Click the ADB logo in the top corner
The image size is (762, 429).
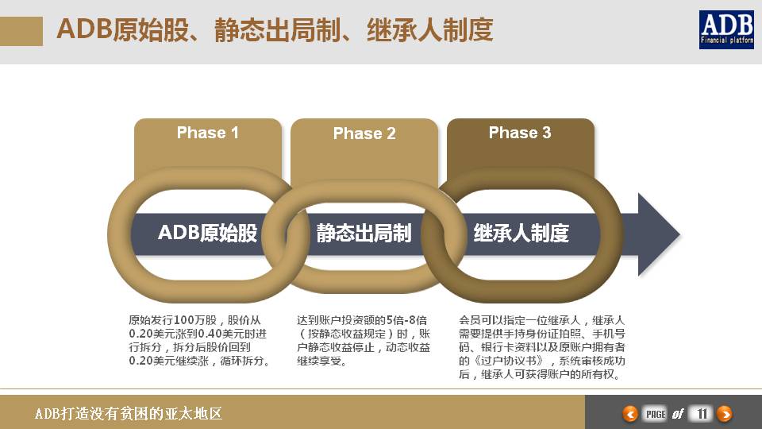(725, 30)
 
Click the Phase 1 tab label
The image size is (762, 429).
(207, 133)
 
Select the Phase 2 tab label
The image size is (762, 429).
(364, 133)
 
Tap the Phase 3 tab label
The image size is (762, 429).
(520, 133)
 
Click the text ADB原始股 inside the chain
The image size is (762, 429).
(207, 233)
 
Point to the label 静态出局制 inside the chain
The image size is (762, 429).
(364, 233)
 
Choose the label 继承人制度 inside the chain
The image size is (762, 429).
(521, 233)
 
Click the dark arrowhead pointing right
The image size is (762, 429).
(658, 234)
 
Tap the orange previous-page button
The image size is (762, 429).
(630, 413)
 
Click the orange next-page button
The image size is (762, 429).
(724, 413)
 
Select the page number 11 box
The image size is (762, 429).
(701, 413)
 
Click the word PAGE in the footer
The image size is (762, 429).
(656, 413)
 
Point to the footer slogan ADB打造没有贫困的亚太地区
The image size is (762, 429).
(128, 414)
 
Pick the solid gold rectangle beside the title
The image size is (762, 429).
(21, 31)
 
